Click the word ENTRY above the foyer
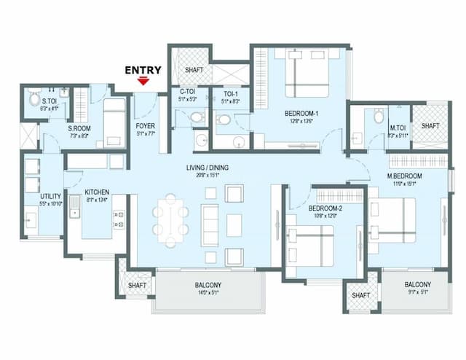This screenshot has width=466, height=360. (x=143, y=71)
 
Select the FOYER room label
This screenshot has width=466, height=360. (x=145, y=126)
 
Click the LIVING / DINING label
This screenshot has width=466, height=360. (x=208, y=168)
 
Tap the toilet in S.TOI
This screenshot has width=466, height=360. (x=34, y=97)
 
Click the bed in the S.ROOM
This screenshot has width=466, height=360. (x=113, y=122)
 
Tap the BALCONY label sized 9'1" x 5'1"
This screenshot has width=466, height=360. (x=417, y=285)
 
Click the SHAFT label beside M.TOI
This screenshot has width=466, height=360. (x=430, y=126)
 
